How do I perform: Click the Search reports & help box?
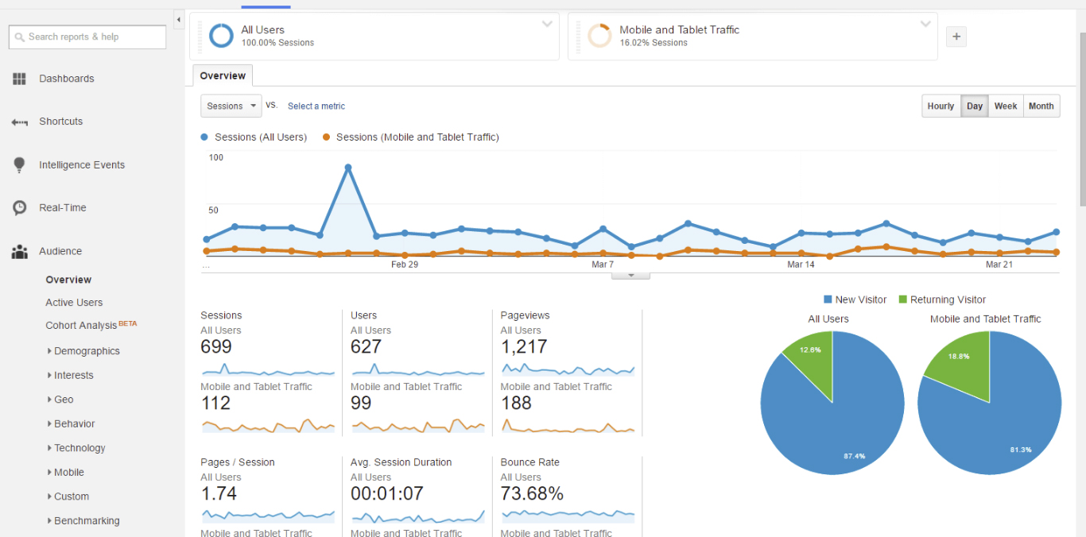(x=87, y=37)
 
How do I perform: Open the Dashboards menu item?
(x=66, y=79)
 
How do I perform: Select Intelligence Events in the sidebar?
(x=81, y=165)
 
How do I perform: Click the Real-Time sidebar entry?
(x=62, y=208)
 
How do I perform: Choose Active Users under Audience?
(x=74, y=303)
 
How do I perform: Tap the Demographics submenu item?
(x=87, y=351)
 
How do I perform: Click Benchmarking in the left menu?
(x=87, y=521)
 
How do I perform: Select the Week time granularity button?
(x=1006, y=106)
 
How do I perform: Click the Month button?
(x=1041, y=106)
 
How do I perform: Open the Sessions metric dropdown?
(x=231, y=106)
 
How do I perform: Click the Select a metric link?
(x=316, y=106)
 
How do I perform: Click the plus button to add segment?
(x=956, y=37)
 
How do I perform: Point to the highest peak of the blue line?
(x=348, y=168)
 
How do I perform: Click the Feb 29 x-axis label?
(x=405, y=265)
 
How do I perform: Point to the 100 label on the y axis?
(x=216, y=157)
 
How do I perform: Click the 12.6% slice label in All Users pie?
(x=810, y=350)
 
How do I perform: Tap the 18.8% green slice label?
(x=959, y=357)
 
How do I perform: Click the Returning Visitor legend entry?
(x=947, y=299)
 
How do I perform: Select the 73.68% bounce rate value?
(x=532, y=494)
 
